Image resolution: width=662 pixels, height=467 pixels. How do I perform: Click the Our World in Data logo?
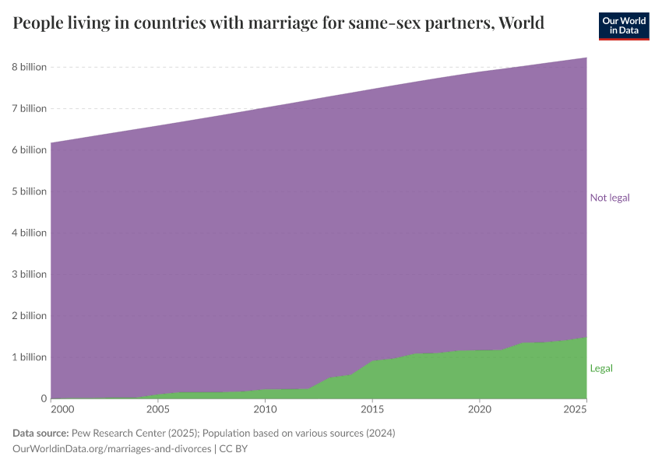pos(623,26)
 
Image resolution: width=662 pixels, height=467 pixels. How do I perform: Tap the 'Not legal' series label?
pos(610,198)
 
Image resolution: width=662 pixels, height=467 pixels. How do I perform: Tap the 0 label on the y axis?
pos(44,399)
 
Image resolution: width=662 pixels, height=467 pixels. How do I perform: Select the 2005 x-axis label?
pos(158,409)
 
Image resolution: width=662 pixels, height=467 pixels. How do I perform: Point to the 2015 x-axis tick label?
pos(373,409)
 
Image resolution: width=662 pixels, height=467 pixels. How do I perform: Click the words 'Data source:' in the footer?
pos(40,433)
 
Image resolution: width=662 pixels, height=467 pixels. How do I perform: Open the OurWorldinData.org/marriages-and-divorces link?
pos(112,448)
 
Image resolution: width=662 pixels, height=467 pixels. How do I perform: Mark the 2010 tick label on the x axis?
pos(266,409)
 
